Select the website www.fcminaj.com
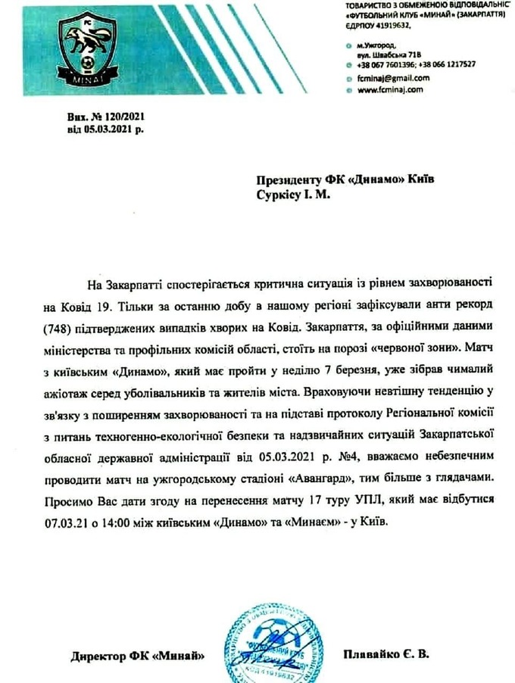389,89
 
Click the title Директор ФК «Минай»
136,654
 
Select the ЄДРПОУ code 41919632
389,25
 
